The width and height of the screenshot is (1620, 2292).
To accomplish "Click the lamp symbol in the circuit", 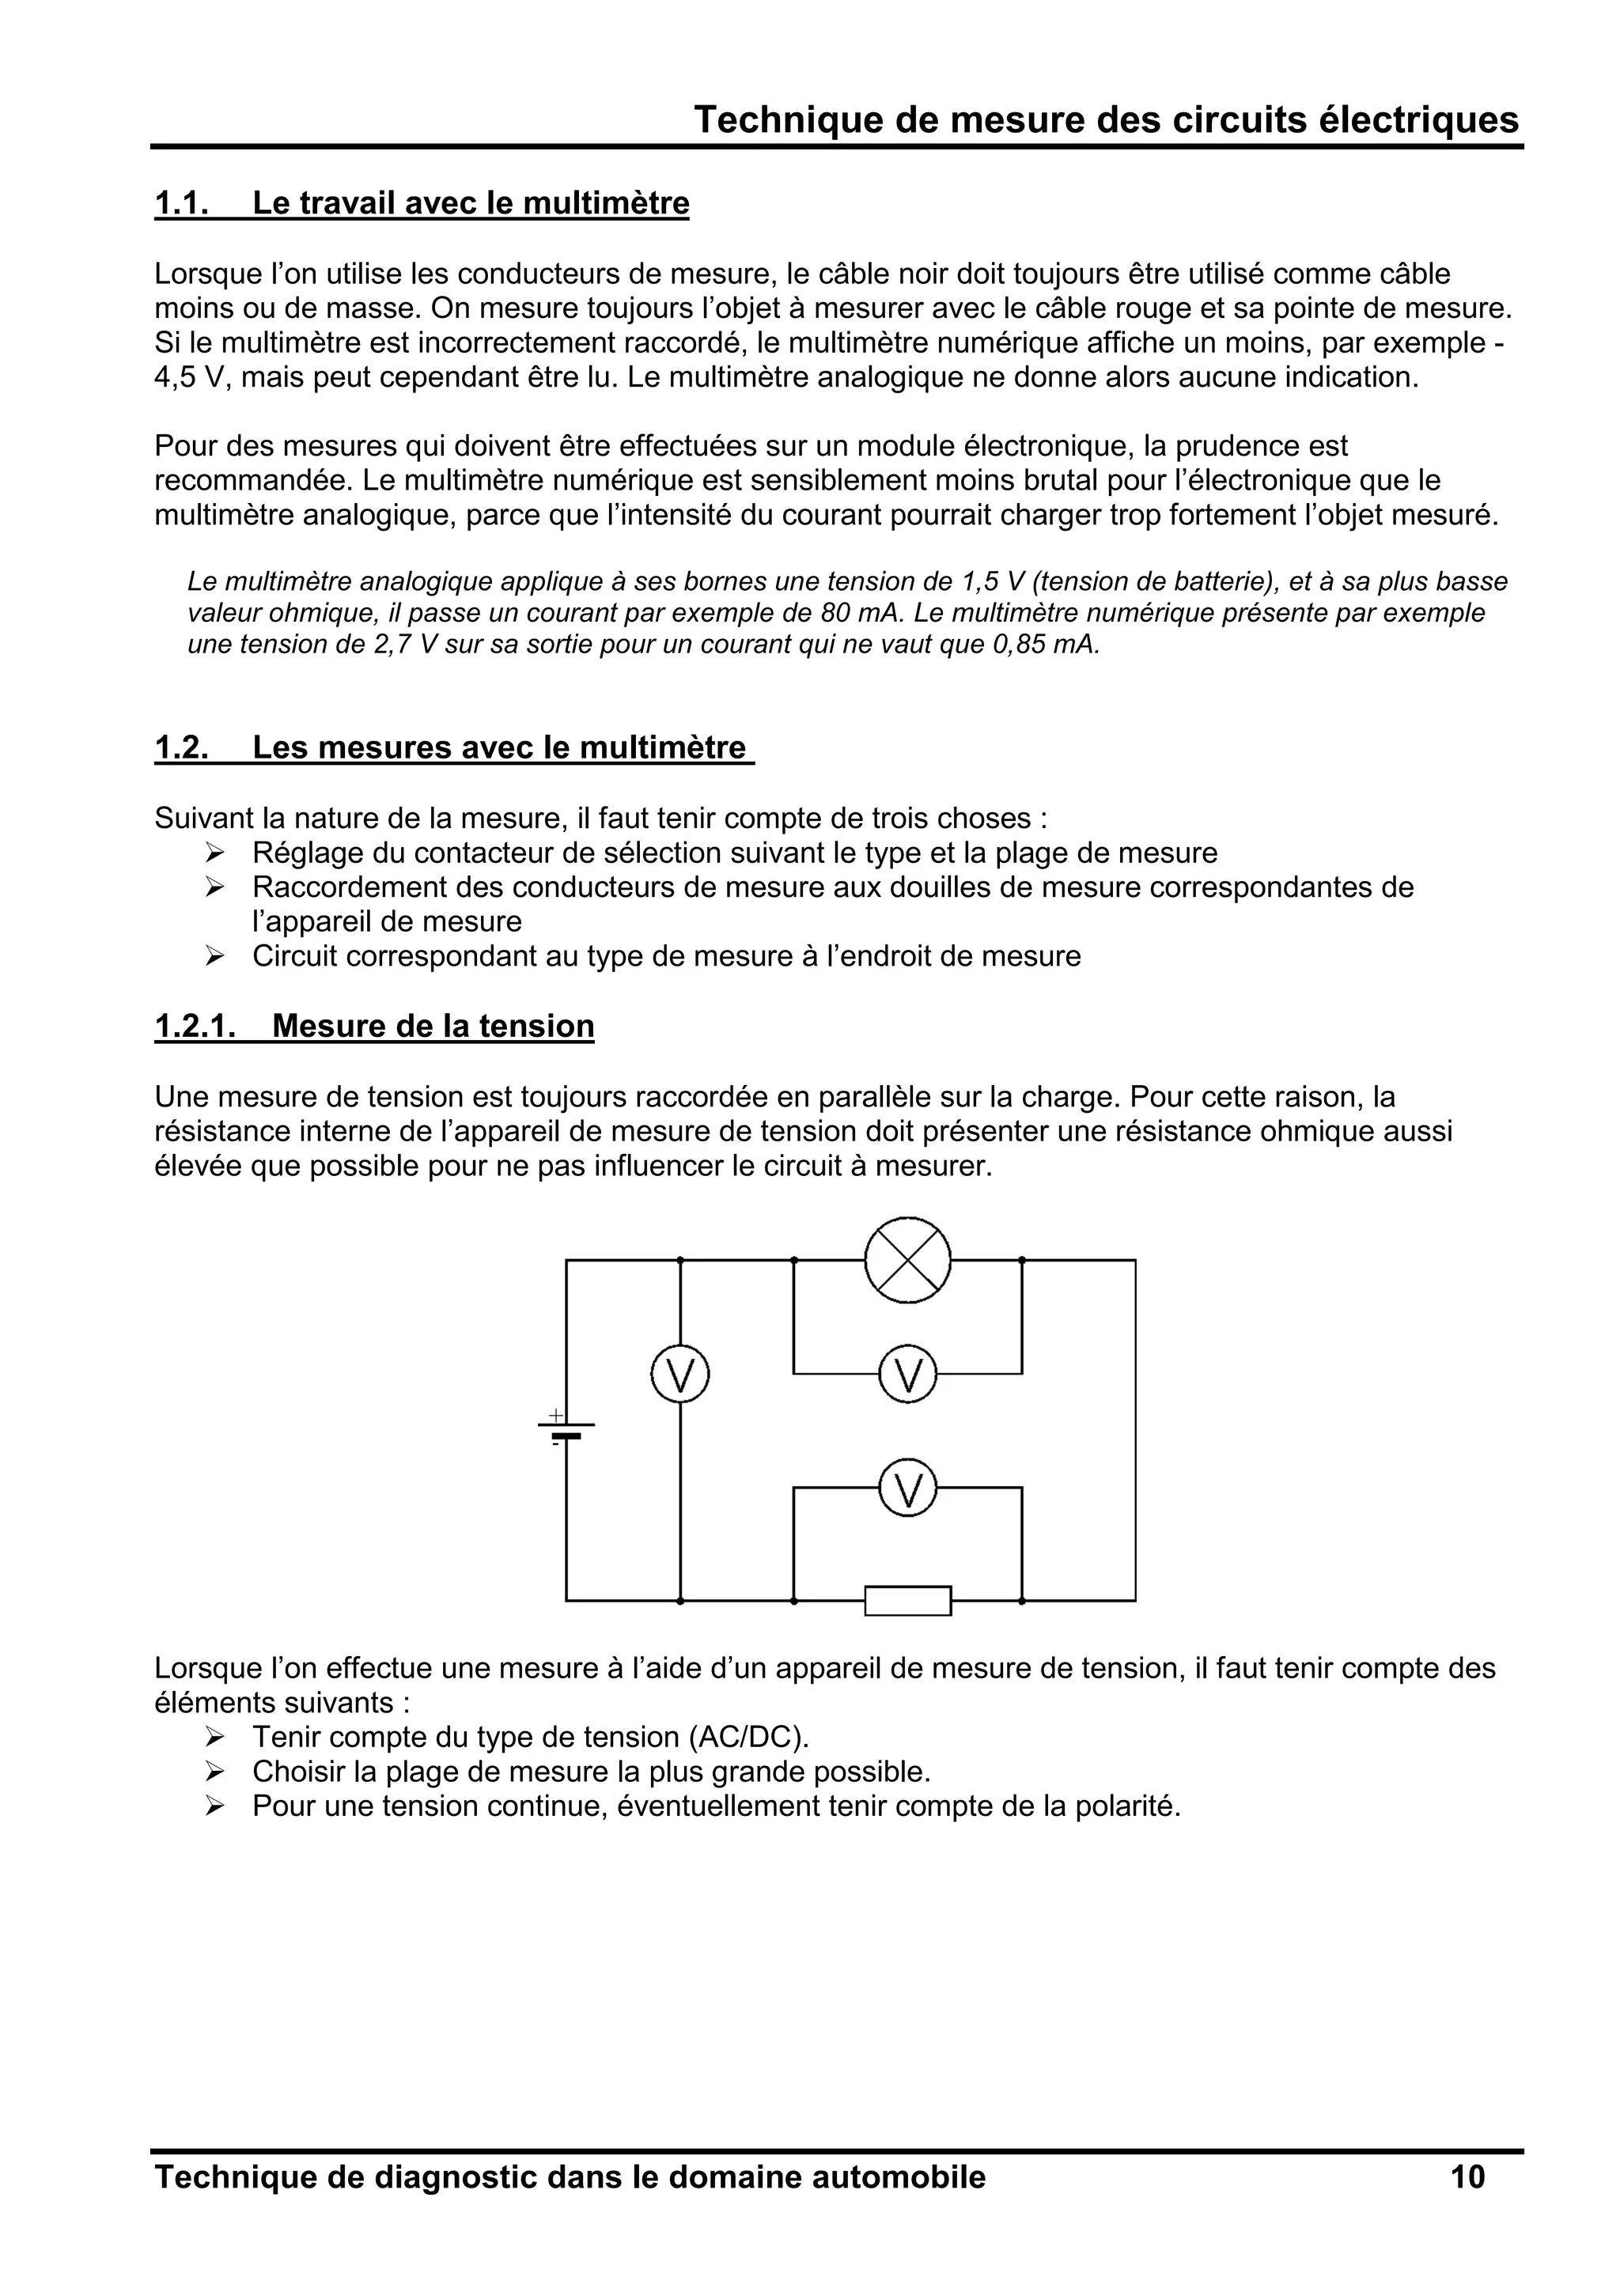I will point(907,1260).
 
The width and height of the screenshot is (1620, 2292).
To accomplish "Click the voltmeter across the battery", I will point(679,1375).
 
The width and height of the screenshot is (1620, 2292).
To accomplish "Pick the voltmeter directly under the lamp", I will point(907,1375).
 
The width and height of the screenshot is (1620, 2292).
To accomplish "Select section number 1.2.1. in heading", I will point(195,1027).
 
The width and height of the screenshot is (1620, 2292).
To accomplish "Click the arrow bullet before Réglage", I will point(214,853).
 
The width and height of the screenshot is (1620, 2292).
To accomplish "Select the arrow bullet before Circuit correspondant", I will point(214,956).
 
